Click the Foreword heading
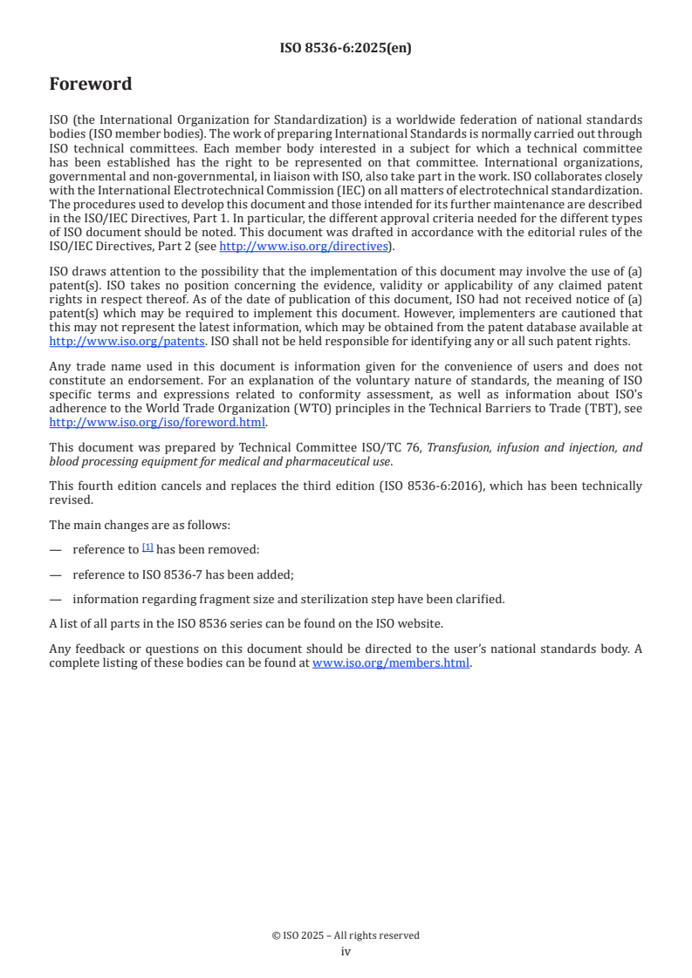point(90,85)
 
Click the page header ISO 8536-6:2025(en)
point(346,49)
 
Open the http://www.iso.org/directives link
point(303,246)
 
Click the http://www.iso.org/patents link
point(127,341)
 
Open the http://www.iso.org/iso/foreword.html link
point(157,422)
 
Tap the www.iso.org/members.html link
point(391,662)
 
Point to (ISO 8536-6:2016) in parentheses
point(431,486)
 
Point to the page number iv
point(346,951)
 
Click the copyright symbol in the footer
point(276,935)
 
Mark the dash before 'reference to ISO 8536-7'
point(55,574)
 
